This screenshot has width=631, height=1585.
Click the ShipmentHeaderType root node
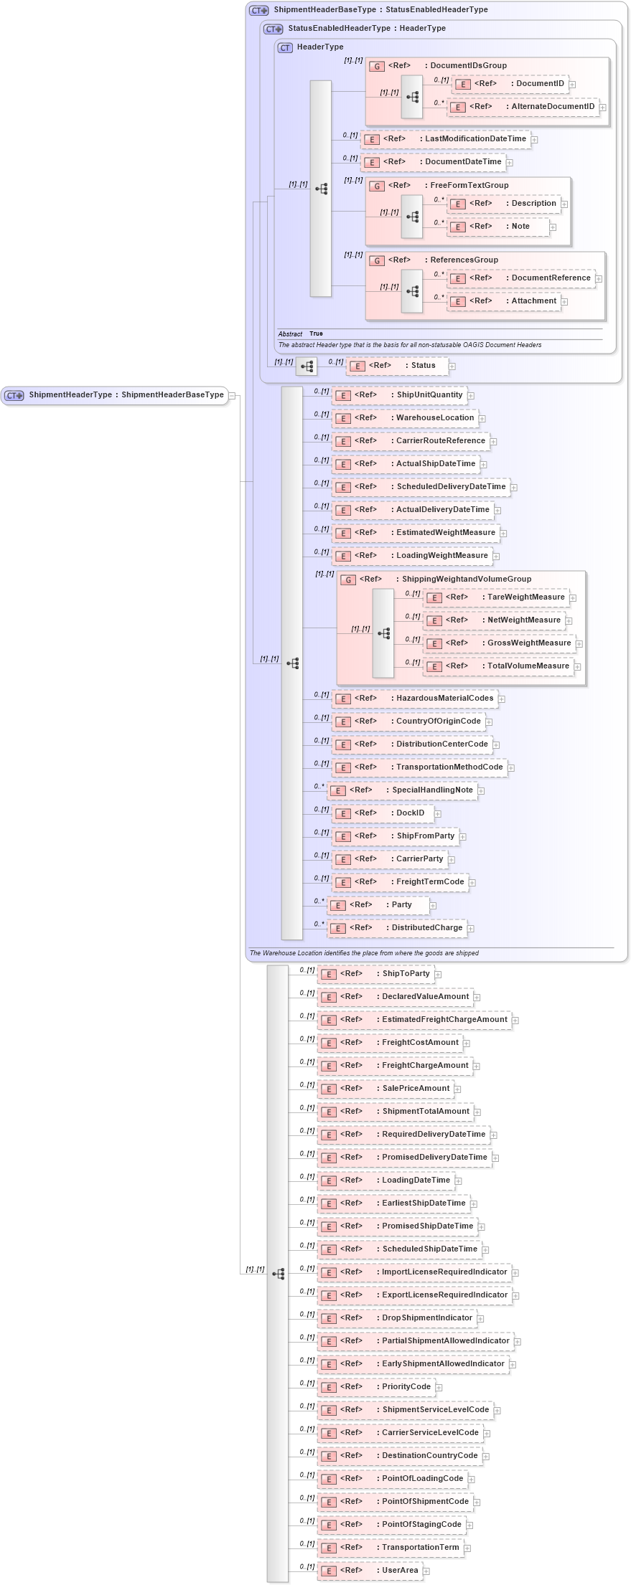tap(115, 395)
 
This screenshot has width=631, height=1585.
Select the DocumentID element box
tap(510, 84)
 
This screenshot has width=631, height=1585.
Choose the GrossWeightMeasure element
tap(499, 643)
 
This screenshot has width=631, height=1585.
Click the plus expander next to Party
tap(434, 906)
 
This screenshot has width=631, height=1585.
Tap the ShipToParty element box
tap(377, 974)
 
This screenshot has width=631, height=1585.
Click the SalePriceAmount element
tap(385, 1089)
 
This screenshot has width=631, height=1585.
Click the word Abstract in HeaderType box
tap(290, 334)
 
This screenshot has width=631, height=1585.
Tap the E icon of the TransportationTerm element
tap(329, 1548)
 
